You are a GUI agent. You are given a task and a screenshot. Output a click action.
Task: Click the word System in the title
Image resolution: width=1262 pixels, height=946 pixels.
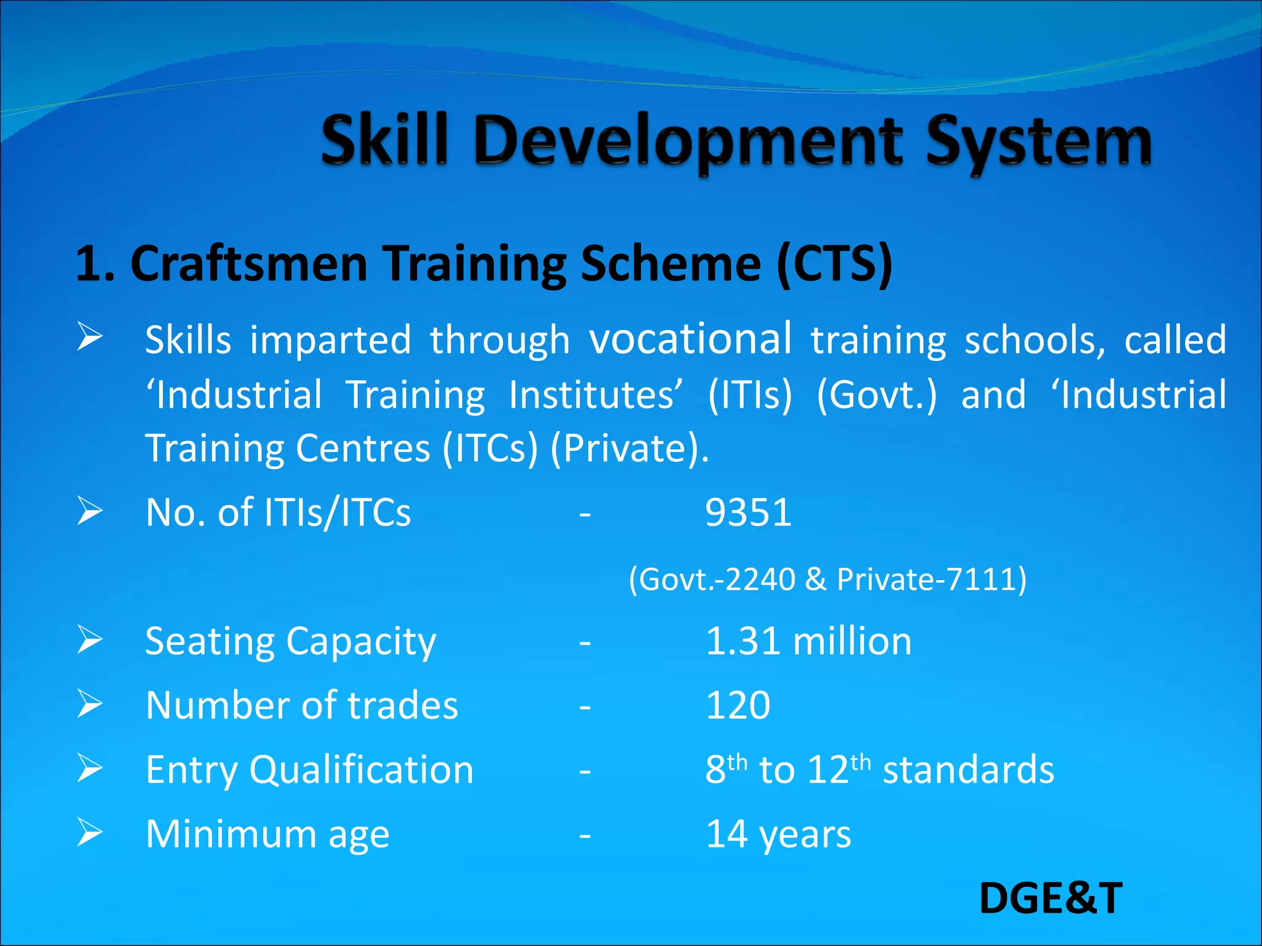tap(1038, 143)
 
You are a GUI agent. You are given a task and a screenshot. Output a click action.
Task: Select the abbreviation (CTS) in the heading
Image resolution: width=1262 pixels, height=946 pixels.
tap(834, 264)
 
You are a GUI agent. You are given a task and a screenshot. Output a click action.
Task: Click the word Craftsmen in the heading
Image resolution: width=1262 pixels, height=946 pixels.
tap(249, 264)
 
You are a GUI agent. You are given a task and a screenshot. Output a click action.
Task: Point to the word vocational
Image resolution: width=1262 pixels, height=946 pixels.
tap(690, 339)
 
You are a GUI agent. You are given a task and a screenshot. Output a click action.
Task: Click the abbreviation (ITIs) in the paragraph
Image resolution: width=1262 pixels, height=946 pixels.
tap(750, 395)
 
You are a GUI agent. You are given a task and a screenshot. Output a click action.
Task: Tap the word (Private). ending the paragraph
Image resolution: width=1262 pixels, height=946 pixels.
tap(629, 448)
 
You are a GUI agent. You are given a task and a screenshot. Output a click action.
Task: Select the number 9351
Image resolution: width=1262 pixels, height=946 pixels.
tap(748, 512)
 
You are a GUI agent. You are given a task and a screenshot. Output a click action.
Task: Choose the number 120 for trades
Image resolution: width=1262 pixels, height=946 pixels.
tap(738, 705)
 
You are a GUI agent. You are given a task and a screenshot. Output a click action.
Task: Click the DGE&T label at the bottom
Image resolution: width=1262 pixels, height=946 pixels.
tap(1051, 898)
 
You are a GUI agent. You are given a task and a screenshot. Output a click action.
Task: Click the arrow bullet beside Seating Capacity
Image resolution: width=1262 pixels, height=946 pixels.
tap(90, 640)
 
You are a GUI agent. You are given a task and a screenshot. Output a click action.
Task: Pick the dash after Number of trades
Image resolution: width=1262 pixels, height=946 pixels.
tap(585, 707)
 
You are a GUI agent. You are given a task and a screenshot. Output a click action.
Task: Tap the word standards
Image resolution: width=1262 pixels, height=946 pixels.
tap(968, 770)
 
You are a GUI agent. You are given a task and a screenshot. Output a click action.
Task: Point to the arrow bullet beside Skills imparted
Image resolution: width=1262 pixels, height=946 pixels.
tap(90, 338)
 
